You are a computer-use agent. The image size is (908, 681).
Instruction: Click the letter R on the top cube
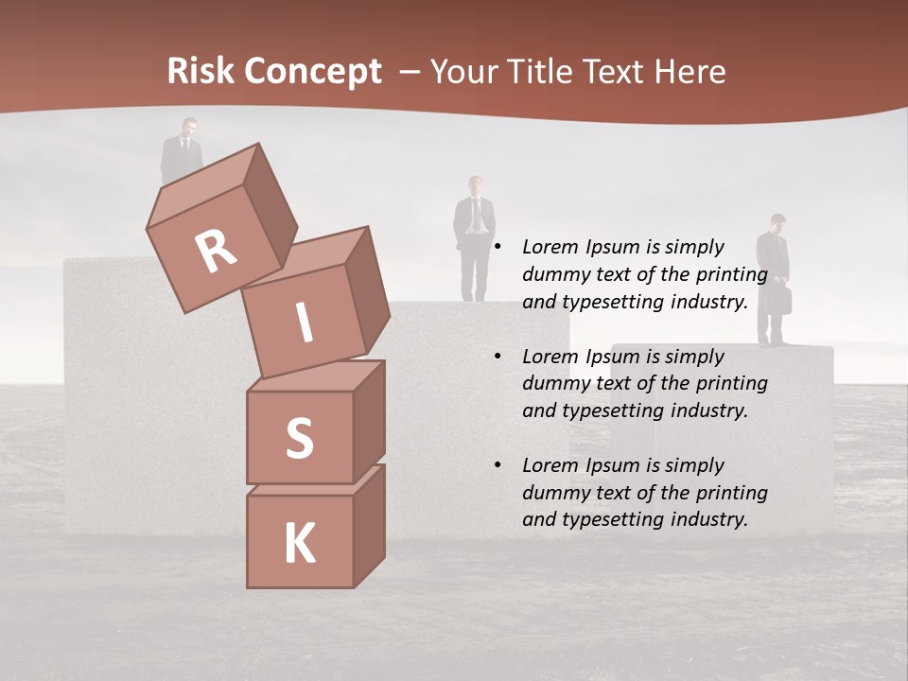pos(216,251)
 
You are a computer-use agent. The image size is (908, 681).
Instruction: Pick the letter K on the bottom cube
pos(299,544)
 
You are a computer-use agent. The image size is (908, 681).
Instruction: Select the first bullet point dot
pos(497,248)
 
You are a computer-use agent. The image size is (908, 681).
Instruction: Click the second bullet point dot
pos(497,357)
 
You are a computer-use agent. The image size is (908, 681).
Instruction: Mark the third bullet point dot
pos(497,465)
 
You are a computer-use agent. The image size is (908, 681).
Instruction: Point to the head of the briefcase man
pos(777,223)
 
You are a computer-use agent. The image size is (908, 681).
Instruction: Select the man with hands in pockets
pos(474,236)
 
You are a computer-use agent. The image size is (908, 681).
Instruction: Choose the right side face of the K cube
pos(369,525)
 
